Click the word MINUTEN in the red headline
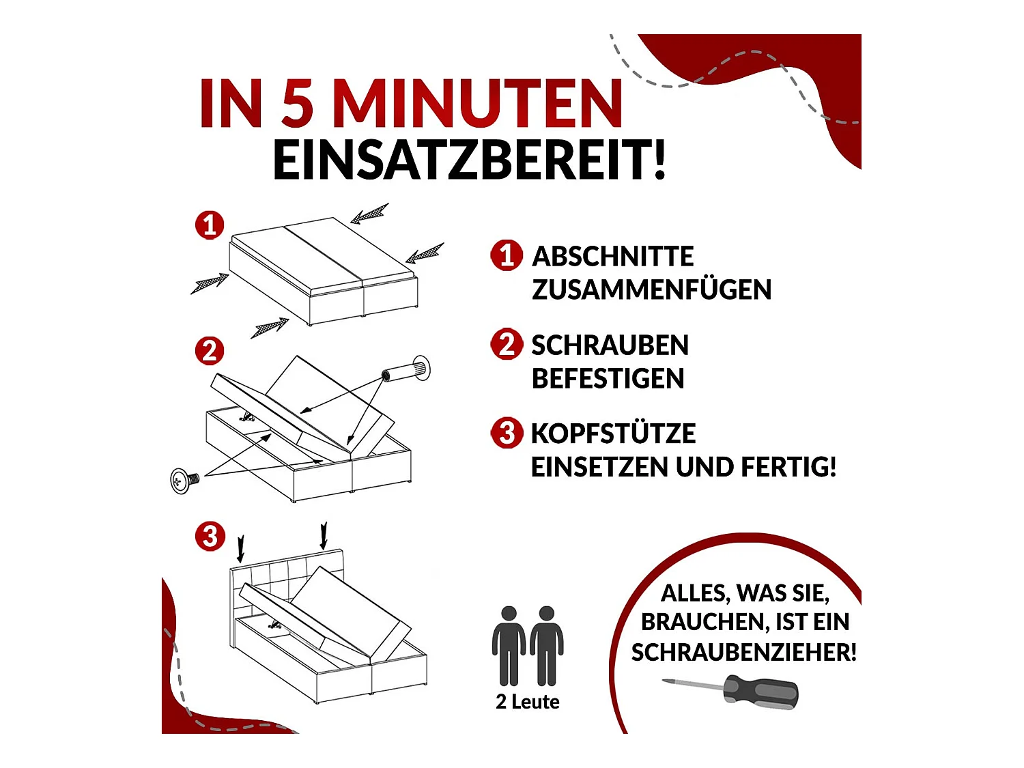point(477,104)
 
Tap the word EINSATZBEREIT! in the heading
point(469,160)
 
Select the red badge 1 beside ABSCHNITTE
point(507,255)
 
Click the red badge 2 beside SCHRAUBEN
point(507,344)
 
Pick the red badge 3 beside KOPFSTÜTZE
point(507,433)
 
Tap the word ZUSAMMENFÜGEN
point(651,289)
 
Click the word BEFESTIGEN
point(608,378)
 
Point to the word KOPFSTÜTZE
point(613,433)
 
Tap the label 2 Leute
point(528,702)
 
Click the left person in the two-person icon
point(509,645)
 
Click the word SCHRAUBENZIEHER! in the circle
point(743,653)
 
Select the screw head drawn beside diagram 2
point(182,481)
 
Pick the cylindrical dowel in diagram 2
point(408,371)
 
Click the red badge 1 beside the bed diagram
point(210,225)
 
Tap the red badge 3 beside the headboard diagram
point(210,536)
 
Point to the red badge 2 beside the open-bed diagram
point(210,351)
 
